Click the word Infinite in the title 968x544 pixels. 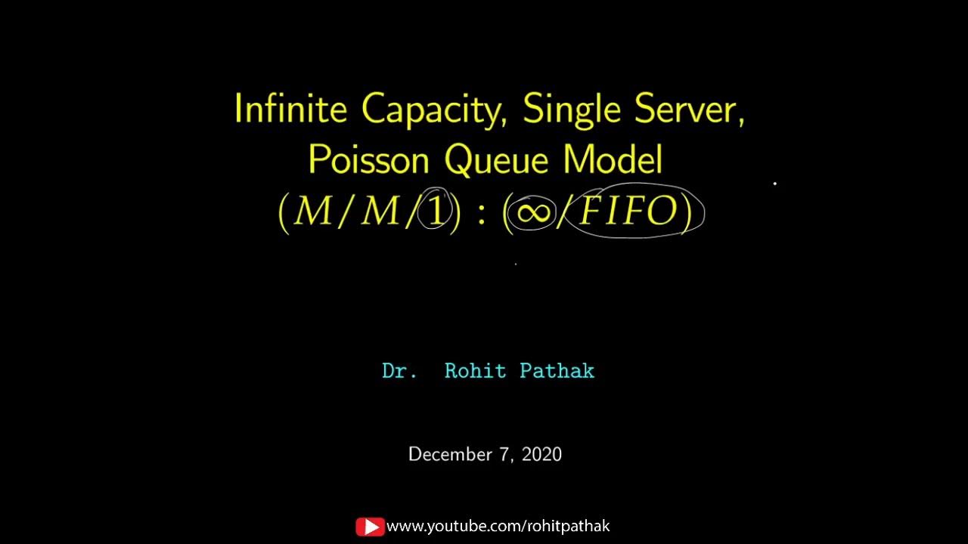[290, 110]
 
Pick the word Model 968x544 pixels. [613, 160]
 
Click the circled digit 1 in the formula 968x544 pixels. [436, 212]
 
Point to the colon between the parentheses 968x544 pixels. [481, 214]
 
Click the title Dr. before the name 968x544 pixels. [399, 371]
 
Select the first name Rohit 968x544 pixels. [475, 371]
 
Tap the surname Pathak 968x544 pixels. [557, 371]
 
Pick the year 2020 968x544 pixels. [541, 454]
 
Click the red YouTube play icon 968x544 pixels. [370, 527]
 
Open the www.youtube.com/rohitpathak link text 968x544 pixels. [498, 527]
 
